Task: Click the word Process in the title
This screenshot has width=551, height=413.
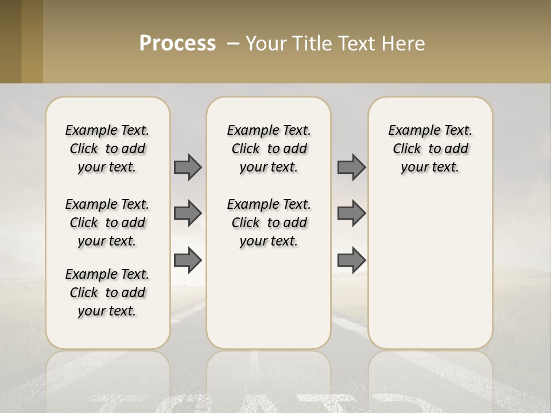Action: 177,44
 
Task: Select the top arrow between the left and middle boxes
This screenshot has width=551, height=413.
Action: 188,167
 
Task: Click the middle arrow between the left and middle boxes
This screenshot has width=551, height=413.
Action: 188,213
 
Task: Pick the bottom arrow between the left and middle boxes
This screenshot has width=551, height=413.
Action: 188,260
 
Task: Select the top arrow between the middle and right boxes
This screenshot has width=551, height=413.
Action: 351,167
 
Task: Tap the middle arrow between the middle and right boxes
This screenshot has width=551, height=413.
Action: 351,213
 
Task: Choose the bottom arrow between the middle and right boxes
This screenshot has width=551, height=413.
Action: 351,260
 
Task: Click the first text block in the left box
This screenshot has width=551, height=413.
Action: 107,149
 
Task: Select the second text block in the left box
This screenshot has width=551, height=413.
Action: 107,223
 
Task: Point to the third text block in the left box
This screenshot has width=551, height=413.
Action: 107,293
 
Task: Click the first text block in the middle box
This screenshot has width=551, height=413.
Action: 269,149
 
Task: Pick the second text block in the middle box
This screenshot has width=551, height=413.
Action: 269,223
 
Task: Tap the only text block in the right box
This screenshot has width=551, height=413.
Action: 430,149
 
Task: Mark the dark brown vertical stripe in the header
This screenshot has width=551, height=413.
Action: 11,41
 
